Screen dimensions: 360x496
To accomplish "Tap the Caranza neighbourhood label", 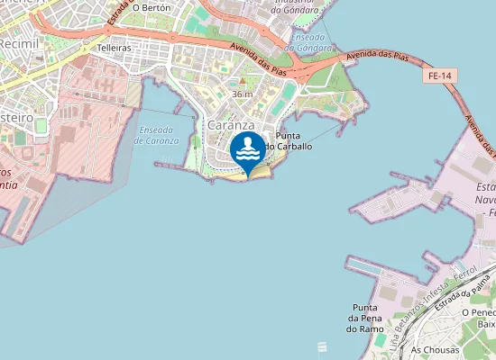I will [231, 126].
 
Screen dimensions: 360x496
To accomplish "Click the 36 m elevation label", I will [242, 94].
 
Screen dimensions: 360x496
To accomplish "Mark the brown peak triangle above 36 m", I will [242, 84].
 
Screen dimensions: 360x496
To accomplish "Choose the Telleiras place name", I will [115, 46].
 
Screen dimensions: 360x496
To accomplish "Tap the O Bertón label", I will [151, 7].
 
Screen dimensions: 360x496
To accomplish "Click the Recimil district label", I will [17, 42].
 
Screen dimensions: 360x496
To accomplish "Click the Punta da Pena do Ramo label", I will [365, 318].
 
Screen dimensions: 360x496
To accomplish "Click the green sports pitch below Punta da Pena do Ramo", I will [382, 341].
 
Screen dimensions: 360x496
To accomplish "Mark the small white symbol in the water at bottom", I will [322, 346].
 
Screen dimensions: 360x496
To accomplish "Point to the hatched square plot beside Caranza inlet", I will [133, 93].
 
